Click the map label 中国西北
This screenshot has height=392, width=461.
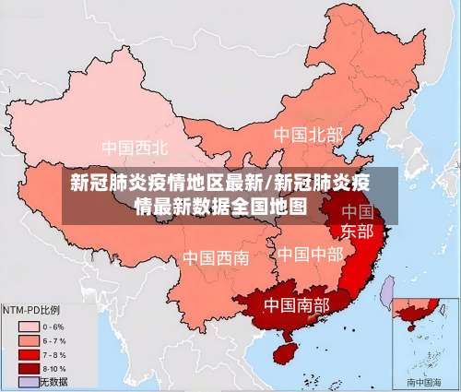[x=135, y=148]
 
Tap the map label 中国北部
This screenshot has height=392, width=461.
[x=307, y=135]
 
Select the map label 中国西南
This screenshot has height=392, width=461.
[x=215, y=257]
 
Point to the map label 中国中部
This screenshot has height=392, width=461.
[x=310, y=253]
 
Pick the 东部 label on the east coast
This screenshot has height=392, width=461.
[x=358, y=231]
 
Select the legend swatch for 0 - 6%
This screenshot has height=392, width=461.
[x=28, y=327]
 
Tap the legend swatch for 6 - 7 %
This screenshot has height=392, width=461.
[x=28, y=340]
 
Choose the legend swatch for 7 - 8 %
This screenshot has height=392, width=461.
[x=28, y=354]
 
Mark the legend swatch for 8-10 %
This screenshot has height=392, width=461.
[x=28, y=368]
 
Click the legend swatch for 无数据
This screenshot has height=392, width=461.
[x=28, y=381]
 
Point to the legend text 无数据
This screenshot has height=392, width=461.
[x=54, y=381]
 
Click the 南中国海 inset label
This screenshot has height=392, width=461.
[x=424, y=381]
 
